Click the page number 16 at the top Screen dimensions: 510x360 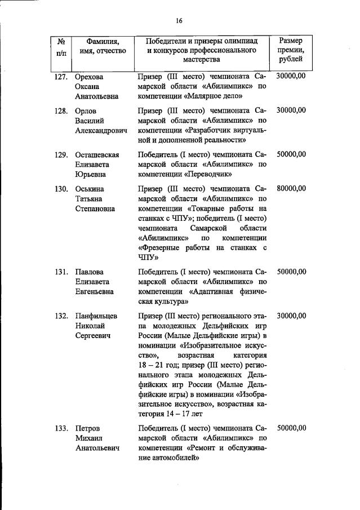point(179,21)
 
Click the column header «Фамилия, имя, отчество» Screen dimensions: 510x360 point(103,47)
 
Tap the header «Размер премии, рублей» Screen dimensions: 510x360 point(291,50)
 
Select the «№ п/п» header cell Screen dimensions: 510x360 point(60,47)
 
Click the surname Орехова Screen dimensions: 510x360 point(91,76)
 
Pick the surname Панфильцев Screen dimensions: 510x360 point(96,316)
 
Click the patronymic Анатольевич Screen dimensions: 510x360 point(99,449)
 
